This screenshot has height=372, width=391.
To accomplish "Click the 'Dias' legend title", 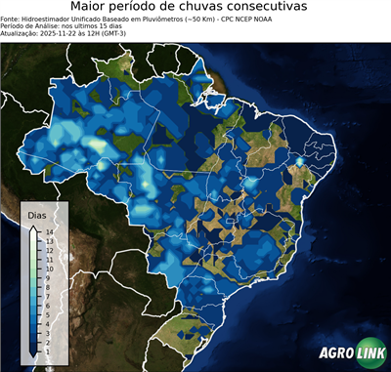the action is tap(37, 214).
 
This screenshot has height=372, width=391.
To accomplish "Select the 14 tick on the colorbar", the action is tap(48, 232).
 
